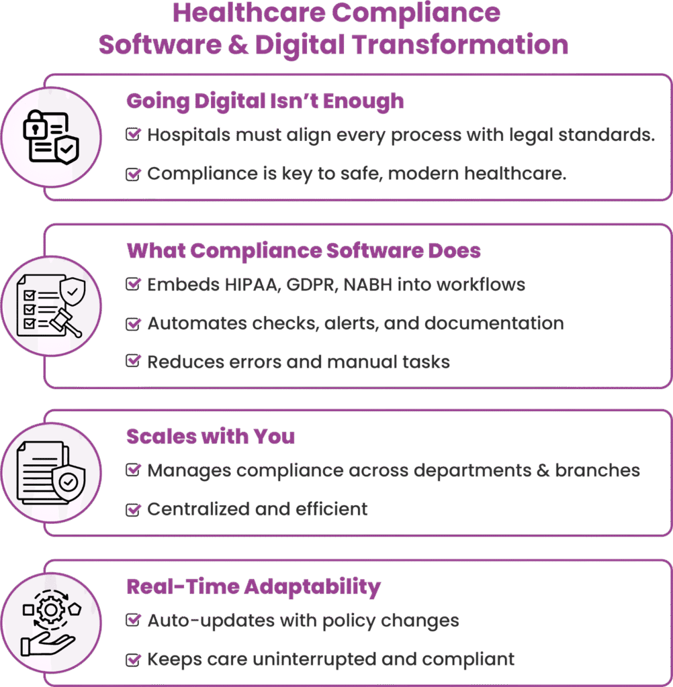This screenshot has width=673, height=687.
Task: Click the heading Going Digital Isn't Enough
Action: (265, 101)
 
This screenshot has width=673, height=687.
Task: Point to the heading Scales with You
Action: (211, 436)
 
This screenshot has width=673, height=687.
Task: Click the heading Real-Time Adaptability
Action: (254, 586)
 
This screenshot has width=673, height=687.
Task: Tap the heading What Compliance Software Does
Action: (304, 251)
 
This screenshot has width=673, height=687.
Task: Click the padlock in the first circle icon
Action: (35, 124)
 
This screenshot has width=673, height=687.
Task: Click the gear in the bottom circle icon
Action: (51, 609)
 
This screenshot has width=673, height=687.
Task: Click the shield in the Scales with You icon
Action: (69, 482)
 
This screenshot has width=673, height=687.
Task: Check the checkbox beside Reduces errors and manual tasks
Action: (133, 361)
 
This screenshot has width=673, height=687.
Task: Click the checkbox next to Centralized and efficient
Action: (133, 510)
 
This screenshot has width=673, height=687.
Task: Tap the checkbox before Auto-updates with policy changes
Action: (133, 620)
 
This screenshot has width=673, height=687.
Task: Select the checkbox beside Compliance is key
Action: (133, 174)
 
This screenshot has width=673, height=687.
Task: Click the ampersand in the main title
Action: (238, 45)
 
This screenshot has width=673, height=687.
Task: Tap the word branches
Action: (598, 470)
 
